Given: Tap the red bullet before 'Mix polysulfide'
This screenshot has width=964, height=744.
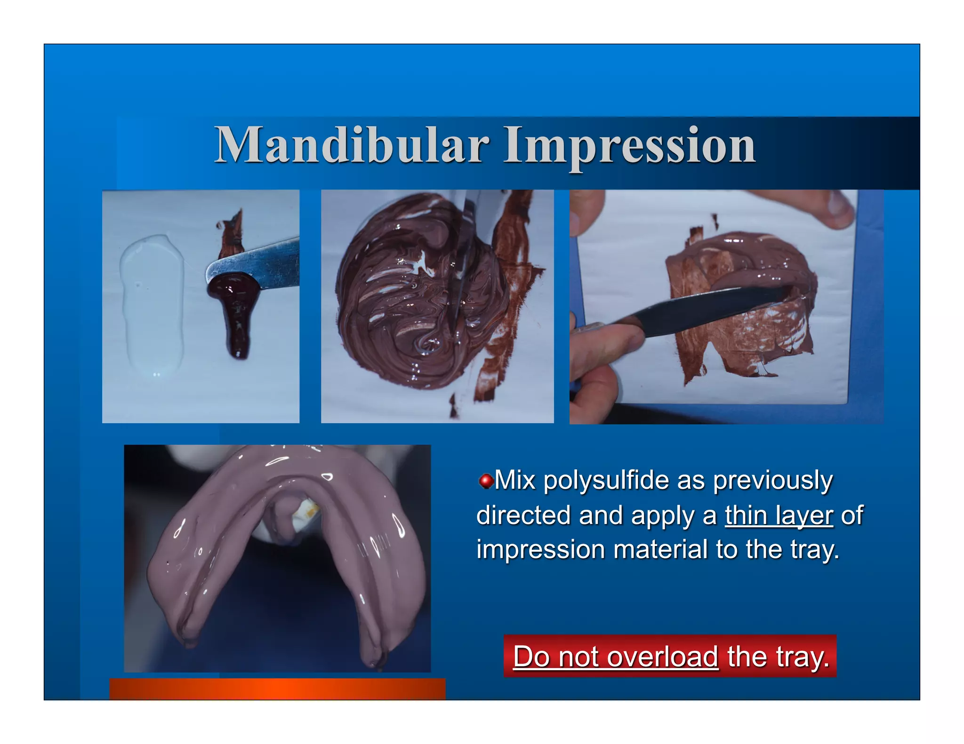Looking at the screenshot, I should pyautogui.click(x=485, y=481).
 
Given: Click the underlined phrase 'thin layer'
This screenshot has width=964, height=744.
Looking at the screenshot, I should pyautogui.click(x=779, y=515).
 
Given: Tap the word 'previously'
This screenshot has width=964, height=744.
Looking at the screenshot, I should pyautogui.click(x=772, y=481).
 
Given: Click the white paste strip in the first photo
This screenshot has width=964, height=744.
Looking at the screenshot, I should pyautogui.click(x=152, y=306).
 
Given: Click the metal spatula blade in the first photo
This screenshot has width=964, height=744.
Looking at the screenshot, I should pyautogui.click(x=264, y=263).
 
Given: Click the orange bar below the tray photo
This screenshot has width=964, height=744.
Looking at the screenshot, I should pyautogui.click(x=277, y=689).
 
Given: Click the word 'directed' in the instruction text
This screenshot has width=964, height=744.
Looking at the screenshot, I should pyautogui.click(x=523, y=515).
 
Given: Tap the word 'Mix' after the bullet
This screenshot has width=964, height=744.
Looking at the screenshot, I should pyautogui.click(x=515, y=481).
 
